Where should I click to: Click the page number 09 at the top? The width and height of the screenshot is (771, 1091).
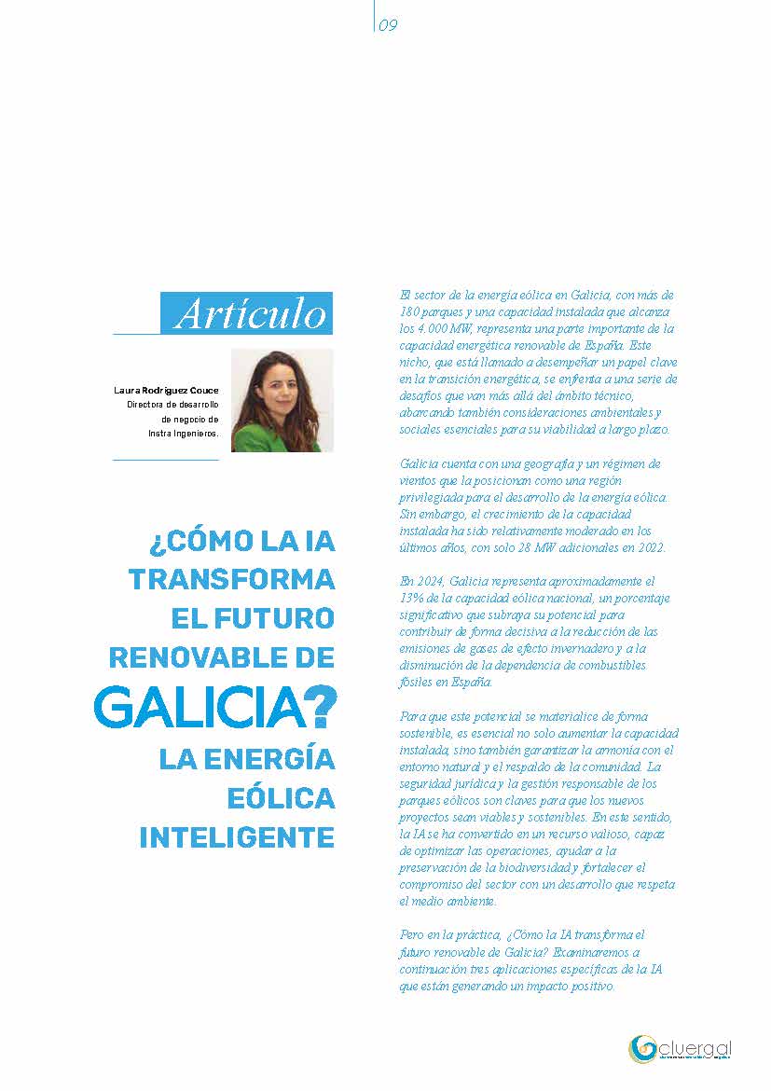[389, 26]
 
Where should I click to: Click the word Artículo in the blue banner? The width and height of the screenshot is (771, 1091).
[251, 314]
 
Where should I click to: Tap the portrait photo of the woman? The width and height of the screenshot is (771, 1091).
[282, 400]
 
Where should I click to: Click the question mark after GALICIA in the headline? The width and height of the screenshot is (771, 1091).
[320, 709]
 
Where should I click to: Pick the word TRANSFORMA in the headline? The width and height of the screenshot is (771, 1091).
[231, 579]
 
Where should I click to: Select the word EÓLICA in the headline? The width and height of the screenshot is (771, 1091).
[282, 798]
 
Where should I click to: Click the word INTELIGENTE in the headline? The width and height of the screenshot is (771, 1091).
[237, 837]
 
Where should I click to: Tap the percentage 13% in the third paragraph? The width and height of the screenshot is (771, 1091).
[411, 598]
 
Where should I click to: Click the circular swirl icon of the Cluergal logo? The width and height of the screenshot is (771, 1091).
[642, 1049]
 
